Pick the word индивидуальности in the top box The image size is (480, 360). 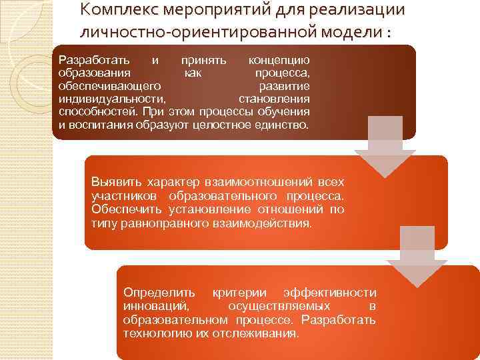point(103,98)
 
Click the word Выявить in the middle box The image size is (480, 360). point(113,181)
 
